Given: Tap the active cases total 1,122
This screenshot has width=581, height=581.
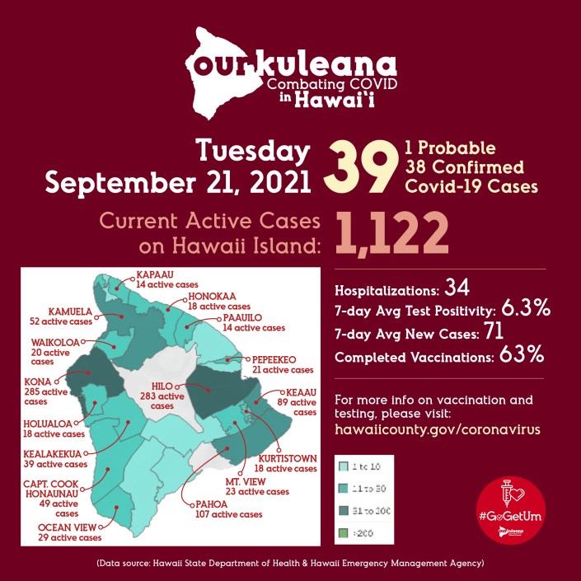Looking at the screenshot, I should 392,232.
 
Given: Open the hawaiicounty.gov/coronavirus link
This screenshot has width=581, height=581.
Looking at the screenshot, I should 438,429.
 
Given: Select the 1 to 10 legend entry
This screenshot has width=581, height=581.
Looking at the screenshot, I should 365,466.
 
